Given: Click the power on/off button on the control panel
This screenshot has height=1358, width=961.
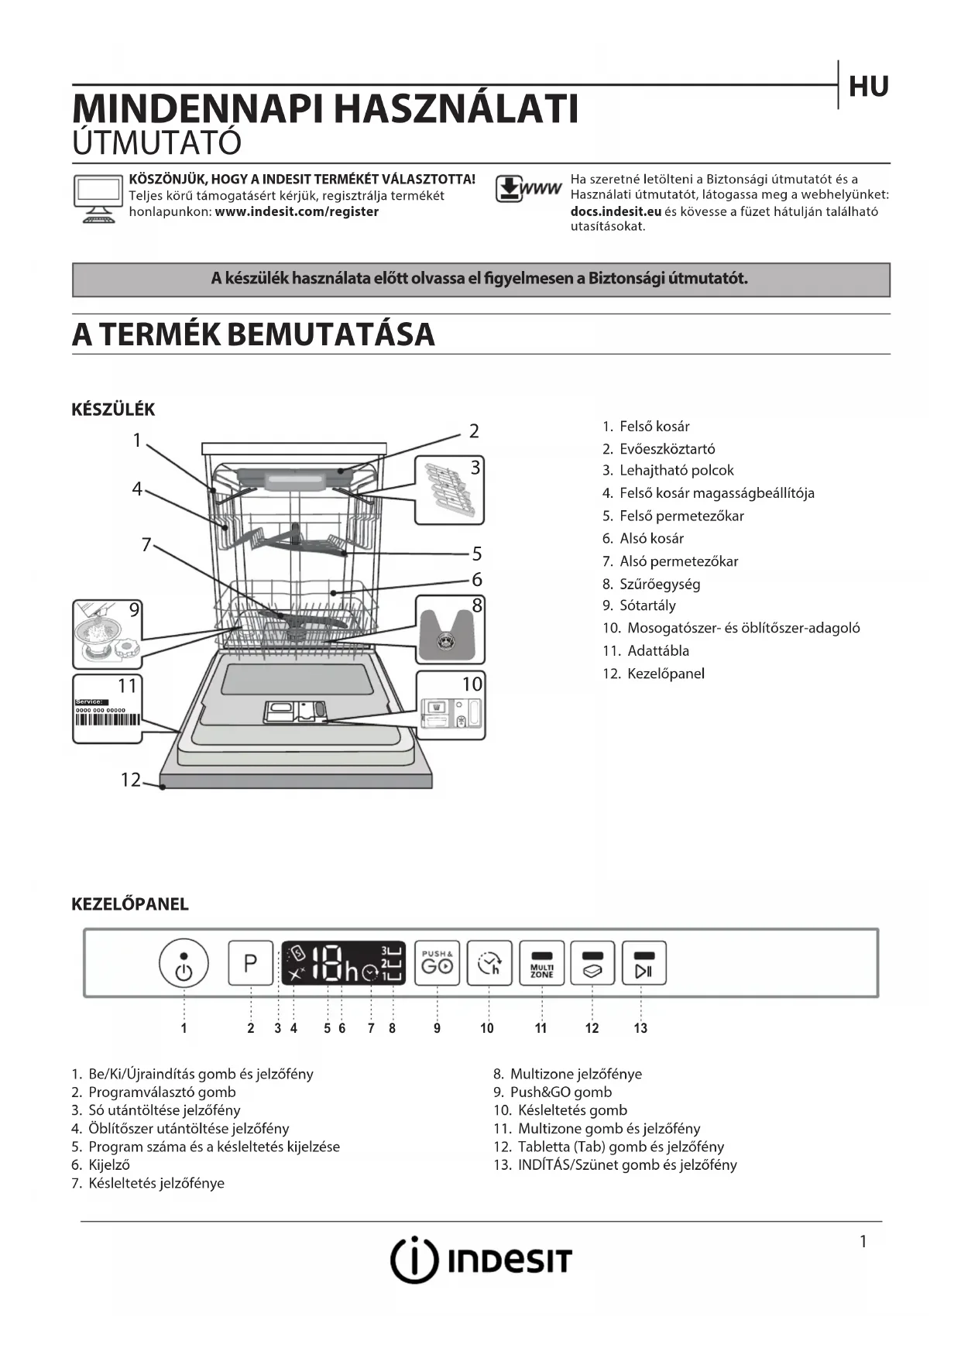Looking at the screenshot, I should [184, 963].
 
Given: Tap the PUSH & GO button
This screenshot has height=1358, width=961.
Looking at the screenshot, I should [437, 963].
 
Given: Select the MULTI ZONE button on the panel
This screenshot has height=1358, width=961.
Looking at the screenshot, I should [541, 963].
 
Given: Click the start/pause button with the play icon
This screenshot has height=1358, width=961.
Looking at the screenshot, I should [644, 963].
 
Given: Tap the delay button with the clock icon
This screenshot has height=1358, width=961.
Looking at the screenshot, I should [489, 963].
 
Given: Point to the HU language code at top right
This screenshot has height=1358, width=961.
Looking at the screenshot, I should [868, 87].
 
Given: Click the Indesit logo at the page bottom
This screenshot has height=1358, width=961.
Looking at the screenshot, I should [480, 1260].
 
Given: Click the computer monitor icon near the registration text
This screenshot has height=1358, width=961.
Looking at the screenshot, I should [98, 198].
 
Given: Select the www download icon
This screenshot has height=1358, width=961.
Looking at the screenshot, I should [528, 189].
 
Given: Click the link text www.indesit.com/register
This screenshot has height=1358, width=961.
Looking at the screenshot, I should [297, 211].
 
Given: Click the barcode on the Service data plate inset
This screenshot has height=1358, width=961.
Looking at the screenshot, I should [108, 719].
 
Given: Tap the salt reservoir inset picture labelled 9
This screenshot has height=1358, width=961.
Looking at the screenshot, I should [108, 634].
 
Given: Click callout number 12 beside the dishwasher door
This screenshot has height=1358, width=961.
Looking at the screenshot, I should [130, 780].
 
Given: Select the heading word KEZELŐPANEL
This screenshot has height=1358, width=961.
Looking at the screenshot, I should [130, 904].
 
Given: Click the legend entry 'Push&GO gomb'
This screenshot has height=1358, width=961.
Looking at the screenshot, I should [561, 1092].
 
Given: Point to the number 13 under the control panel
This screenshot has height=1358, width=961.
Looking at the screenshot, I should [640, 1028].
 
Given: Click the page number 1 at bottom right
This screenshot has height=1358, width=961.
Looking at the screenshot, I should [863, 1241].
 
